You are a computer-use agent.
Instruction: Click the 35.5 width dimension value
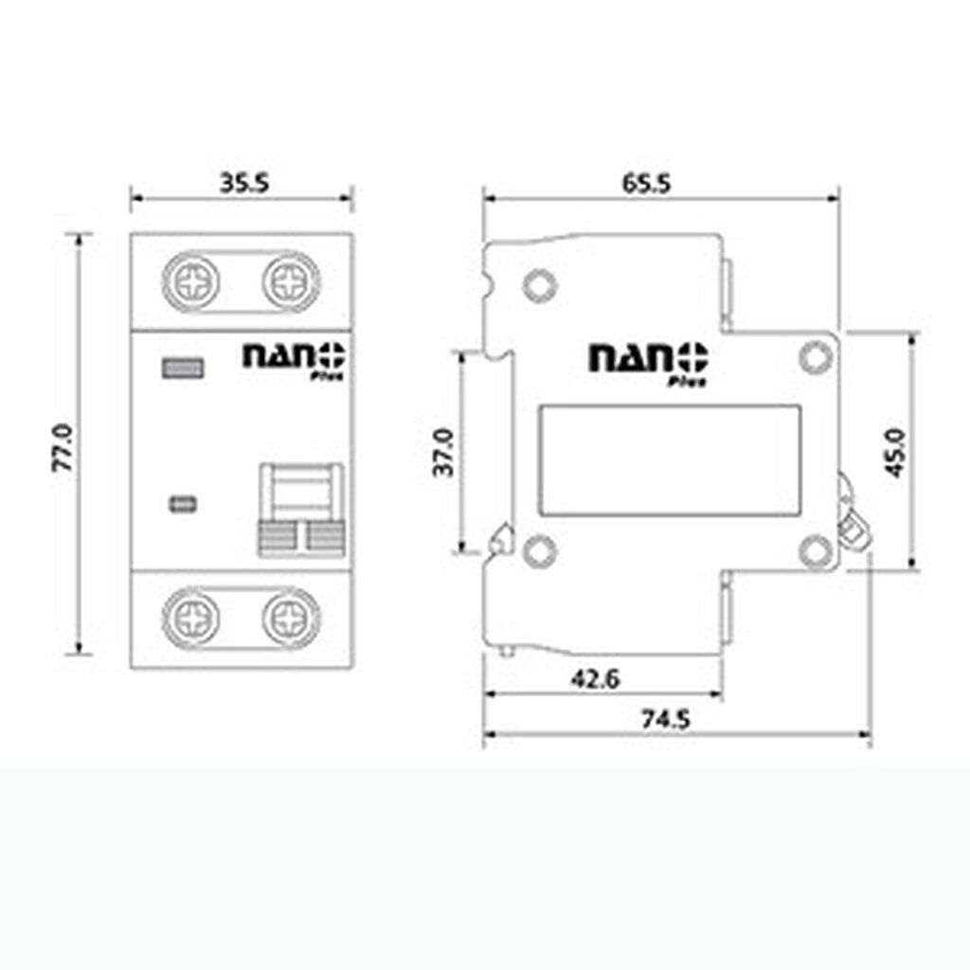pos(244,183)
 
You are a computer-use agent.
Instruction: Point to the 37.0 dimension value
pos(444,452)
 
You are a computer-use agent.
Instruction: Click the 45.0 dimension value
pos(895,452)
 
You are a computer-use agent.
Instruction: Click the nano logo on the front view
pos(295,357)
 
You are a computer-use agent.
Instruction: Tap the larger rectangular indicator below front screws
pos(183,368)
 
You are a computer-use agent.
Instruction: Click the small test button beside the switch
pos(182,504)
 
